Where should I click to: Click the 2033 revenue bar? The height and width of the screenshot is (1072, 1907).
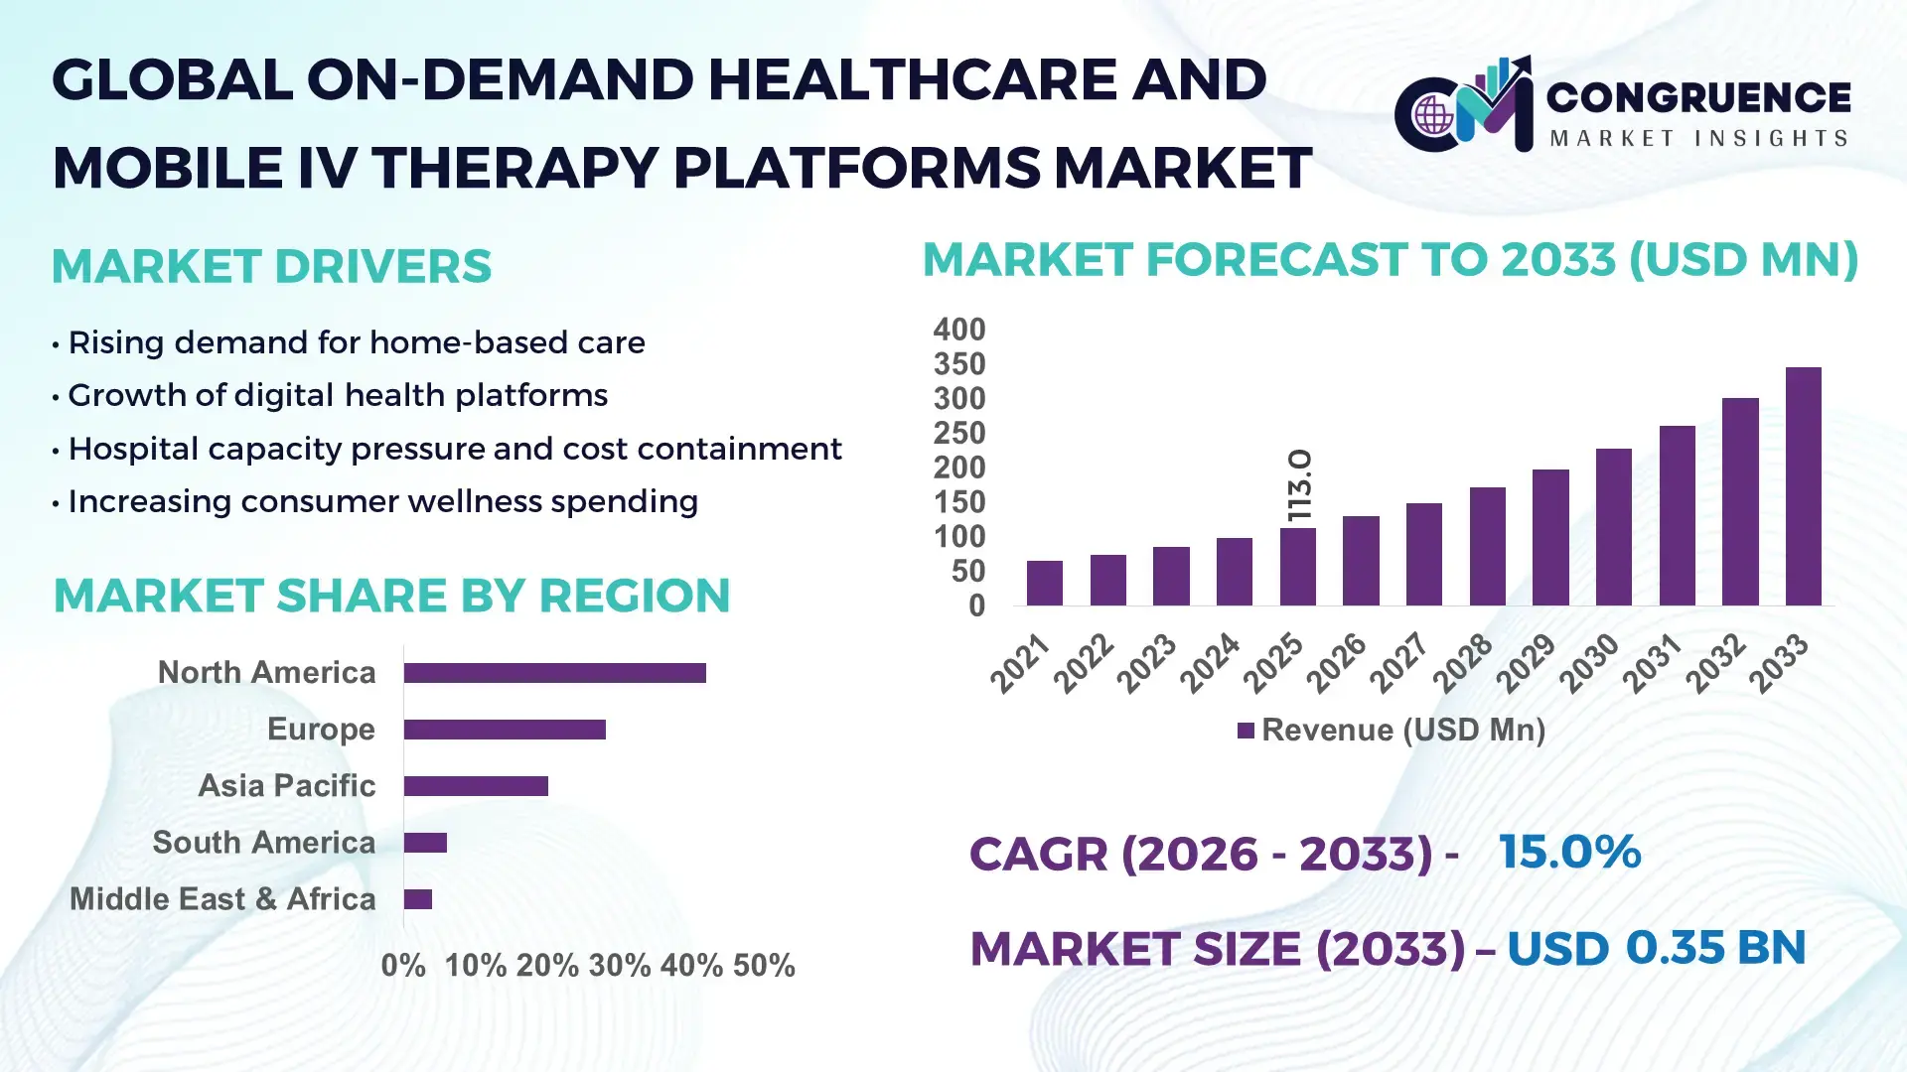[x=1803, y=486]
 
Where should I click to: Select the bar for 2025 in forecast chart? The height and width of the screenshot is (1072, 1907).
[x=1297, y=567]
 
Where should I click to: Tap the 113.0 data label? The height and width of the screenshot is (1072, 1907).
[x=1299, y=485]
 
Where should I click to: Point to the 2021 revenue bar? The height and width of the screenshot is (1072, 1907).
[x=1044, y=584]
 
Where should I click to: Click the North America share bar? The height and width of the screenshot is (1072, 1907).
[x=554, y=673]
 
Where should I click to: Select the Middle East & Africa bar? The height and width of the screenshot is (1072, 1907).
[x=417, y=899]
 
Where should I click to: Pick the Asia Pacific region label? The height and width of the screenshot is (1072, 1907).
[x=286, y=786]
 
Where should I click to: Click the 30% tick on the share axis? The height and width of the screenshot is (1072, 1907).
[x=619, y=966]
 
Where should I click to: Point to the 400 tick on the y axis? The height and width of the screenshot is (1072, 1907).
[x=958, y=330]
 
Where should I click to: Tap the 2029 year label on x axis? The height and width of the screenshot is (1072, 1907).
[x=1526, y=663]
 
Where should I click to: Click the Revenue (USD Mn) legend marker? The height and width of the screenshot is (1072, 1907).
[x=1246, y=731]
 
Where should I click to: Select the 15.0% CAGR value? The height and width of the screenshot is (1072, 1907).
[x=1569, y=853]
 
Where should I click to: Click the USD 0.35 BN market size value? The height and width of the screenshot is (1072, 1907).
[x=1656, y=948]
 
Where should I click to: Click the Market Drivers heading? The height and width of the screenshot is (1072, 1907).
[x=271, y=266]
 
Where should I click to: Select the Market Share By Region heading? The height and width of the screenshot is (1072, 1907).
[x=391, y=596]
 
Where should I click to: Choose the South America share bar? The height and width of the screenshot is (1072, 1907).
[x=425, y=843]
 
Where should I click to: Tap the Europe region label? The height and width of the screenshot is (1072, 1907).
[x=321, y=730]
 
